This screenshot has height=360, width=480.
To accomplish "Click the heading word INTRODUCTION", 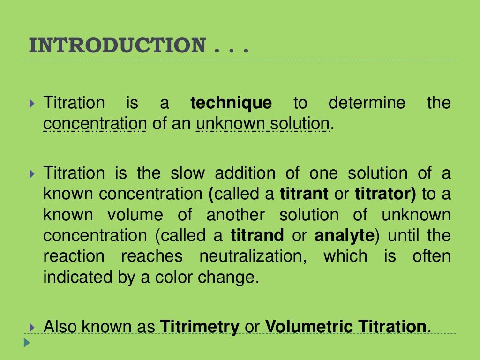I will (x=117, y=46).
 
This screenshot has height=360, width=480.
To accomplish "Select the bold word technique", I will (x=231, y=103).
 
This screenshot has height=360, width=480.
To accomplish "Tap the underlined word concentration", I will (x=95, y=124).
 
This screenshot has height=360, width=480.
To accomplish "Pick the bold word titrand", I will (x=257, y=235).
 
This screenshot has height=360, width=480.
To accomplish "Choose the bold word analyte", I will (x=344, y=235).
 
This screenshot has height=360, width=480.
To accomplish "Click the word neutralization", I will (x=253, y=256).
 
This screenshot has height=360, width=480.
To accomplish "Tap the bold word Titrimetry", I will (x=200, y=326).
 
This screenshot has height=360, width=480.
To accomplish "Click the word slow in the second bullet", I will (x=187, y=173).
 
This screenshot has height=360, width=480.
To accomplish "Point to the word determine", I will (x=367, y=103).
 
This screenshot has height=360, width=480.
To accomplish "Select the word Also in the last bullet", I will (x=60, y=326).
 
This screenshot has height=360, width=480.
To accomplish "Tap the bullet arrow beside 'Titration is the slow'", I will (x=31, y=173).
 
